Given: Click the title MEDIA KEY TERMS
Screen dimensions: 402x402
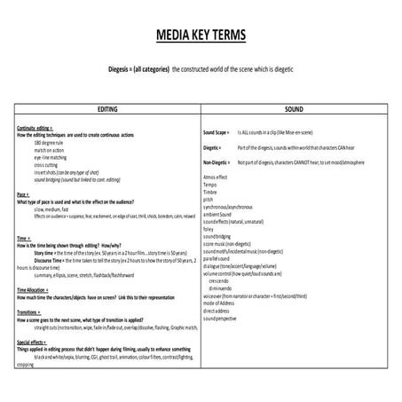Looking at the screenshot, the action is click(x=201, y=36).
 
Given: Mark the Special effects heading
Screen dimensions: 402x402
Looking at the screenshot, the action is click(x=32, y=341).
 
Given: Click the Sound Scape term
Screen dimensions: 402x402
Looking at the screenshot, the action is click(x=217, y=131).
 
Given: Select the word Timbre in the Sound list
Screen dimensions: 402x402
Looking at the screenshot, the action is click(x=210, y=192).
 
